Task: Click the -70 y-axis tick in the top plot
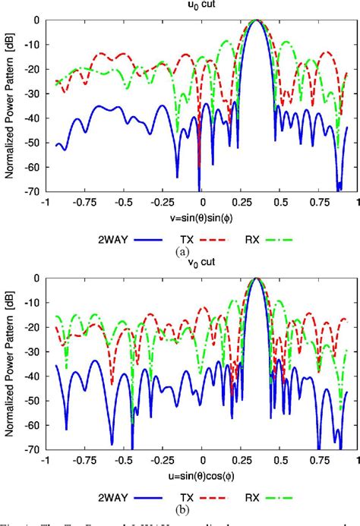pyautogui.click(x=33, y=192)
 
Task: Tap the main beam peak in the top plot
pyautogui.click(x=258, y=20)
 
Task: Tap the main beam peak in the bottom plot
pyautogui.click(x=258, y=279)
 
